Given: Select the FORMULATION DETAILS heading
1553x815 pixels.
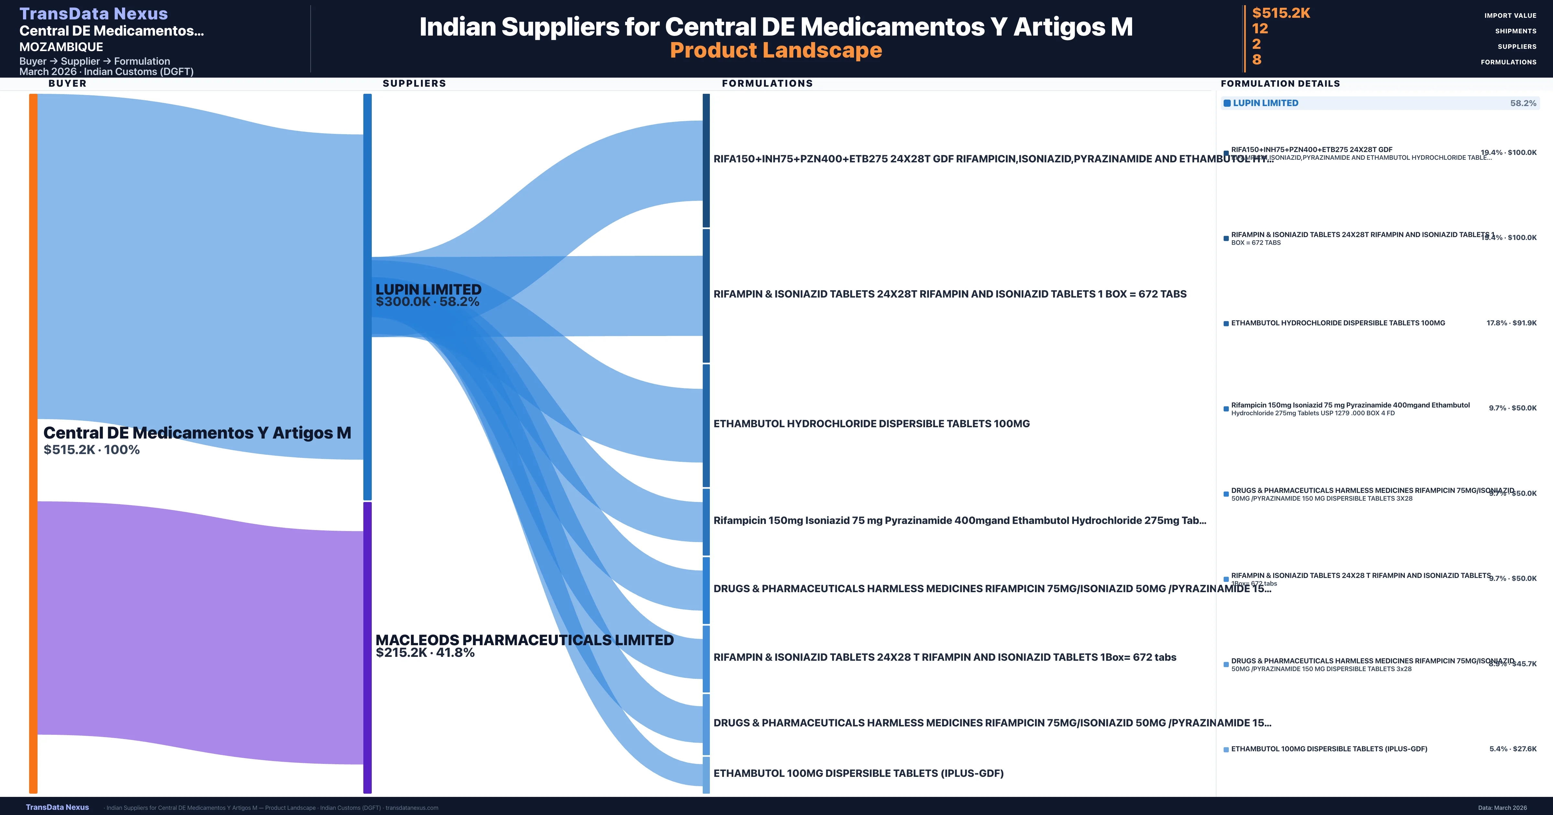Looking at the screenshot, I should (1280, 84).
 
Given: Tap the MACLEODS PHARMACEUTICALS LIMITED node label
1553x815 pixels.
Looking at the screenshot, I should (524, 640).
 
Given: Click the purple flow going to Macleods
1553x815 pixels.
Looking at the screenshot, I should (199, 633).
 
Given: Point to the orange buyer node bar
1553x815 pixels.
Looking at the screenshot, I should (33, 443).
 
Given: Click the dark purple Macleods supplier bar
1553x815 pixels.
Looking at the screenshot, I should (367, 648).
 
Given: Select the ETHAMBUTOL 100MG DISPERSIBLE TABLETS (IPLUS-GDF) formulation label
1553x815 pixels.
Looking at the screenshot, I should (858, 773).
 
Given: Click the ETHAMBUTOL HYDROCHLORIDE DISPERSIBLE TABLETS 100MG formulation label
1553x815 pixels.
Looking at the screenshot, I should (871, 424).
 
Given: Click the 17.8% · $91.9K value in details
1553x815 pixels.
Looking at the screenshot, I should (1511, 323).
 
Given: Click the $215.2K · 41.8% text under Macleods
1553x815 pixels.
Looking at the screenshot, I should (425, 653).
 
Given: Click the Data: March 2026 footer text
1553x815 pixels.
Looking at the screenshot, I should (1502, 808).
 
